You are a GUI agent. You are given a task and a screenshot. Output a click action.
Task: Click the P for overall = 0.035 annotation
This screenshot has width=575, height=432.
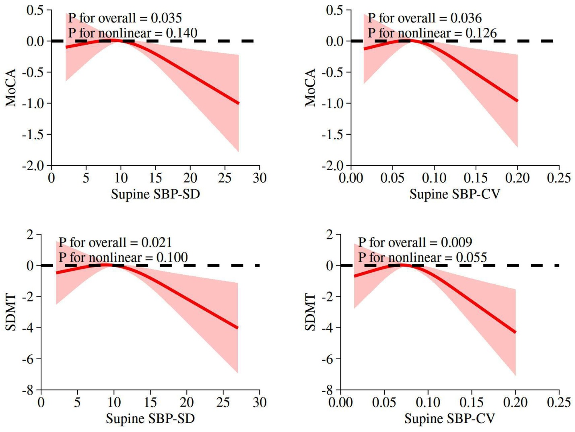click(x=125, y=18)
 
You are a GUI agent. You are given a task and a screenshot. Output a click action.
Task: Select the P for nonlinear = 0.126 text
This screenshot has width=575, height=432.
click(x=432, y=33)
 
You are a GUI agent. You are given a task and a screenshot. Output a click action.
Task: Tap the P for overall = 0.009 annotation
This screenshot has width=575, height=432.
click(x=415, y=243)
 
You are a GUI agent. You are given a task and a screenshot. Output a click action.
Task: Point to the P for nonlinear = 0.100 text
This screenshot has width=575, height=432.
click(x=123, y=257)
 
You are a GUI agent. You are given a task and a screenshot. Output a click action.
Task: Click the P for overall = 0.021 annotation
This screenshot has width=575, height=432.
click(x=115, y=243)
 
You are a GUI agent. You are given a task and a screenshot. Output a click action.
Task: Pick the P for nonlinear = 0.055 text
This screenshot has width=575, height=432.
click(x=422, y=257)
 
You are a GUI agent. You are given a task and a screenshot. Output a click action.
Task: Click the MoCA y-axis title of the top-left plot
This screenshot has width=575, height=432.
click(x=11, y=87)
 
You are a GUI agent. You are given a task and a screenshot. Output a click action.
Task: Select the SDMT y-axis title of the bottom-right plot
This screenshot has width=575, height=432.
click(x=310, y=312)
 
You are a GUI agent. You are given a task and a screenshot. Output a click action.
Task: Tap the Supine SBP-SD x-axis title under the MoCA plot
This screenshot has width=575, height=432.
click(x=155, y=194)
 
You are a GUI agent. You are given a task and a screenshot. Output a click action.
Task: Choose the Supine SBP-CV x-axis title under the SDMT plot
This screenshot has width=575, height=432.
click(x=449, y=419)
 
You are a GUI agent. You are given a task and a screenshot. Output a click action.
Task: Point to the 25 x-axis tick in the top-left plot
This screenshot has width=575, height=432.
click(x=225, y=178)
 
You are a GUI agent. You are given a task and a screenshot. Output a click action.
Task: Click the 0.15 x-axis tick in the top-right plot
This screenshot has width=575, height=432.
click(x=476, y=178)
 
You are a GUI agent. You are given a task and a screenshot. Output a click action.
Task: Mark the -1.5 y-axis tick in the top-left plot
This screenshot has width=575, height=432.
click(x=33, y=134)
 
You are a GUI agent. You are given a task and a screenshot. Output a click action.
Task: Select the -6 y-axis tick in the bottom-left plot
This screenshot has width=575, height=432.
click(x=28, y=359)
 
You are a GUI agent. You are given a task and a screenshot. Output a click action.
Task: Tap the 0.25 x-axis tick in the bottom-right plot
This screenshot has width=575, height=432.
click(x=559, y=402)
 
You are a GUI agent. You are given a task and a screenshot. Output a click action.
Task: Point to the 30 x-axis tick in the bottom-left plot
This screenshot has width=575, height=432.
click(x=260, y=402)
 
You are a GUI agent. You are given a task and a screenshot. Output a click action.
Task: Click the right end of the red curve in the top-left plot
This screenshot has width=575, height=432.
click(x=239, y=103)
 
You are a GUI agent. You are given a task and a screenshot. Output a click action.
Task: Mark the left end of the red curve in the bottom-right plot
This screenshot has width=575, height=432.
click(x=354, y=276)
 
